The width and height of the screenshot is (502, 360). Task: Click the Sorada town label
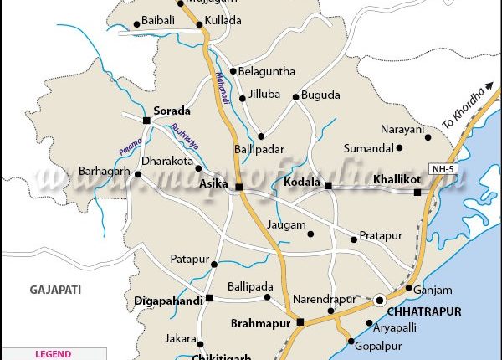172,111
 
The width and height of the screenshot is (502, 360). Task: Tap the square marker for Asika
238,187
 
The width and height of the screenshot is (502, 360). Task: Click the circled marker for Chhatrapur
381,299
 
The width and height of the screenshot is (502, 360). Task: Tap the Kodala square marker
328,185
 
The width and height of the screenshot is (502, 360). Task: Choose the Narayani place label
401,129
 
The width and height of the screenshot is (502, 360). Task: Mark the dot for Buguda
295,97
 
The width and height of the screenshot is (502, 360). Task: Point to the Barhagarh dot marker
138,175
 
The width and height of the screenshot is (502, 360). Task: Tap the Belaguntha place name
267,71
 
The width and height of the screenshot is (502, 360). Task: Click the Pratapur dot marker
354,239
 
